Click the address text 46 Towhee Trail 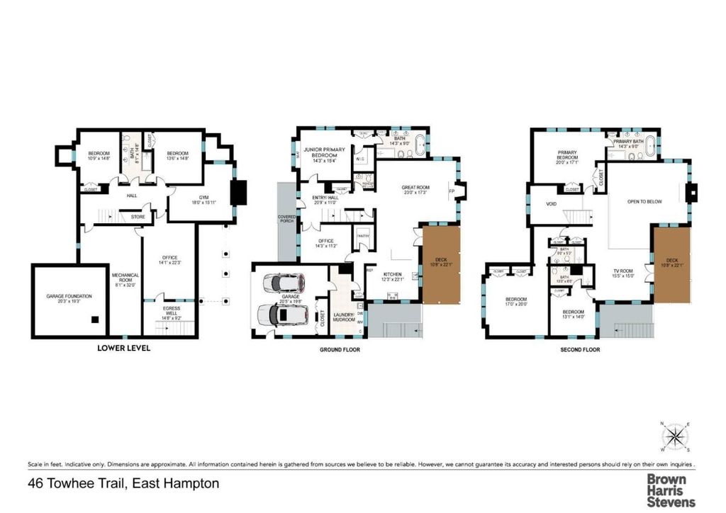(x=123, y=484)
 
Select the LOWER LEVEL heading (x=123, y=349)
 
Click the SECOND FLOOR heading (x=580, y=349)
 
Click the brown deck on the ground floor (x=442, y=264)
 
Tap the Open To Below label (x=644, y=201)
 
